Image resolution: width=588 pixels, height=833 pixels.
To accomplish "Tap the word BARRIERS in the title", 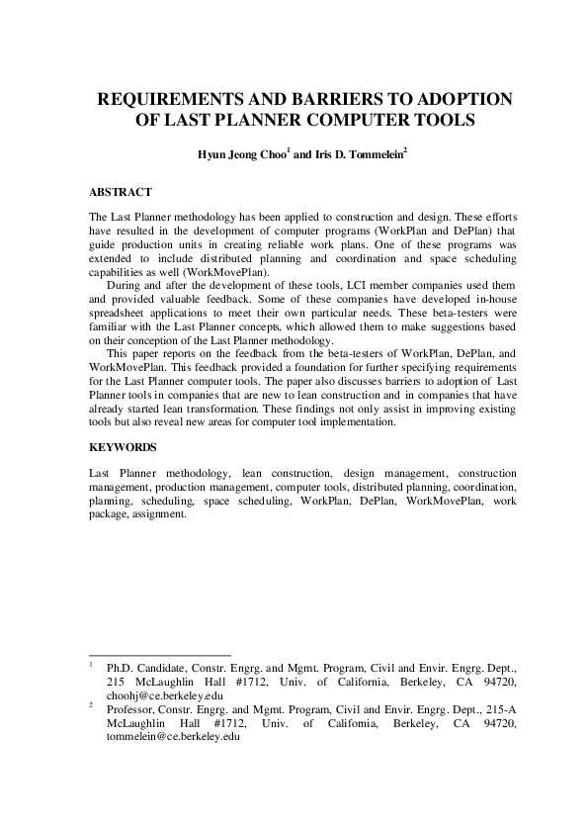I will point(325,100).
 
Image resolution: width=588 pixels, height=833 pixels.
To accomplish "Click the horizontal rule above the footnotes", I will point(159,655).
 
